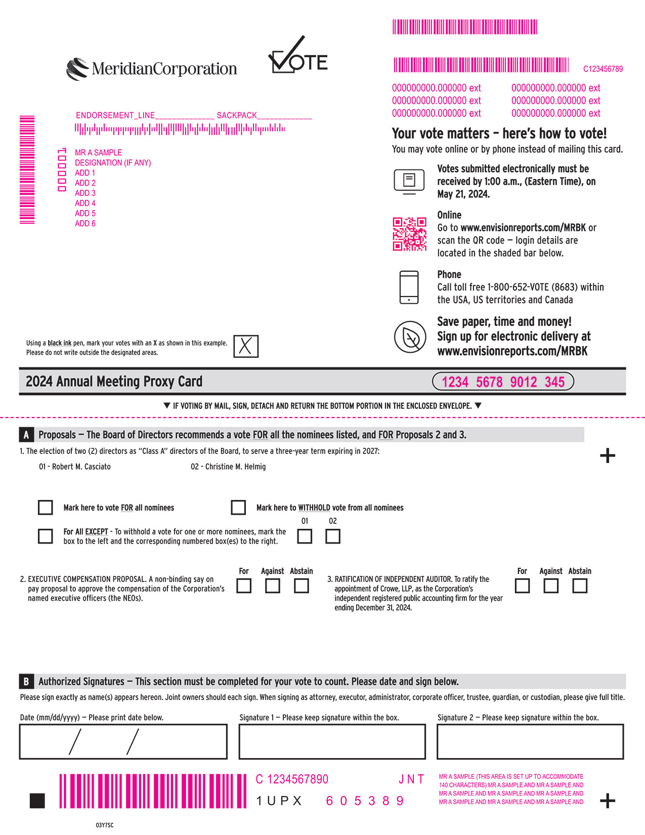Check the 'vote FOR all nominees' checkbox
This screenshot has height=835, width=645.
(x=46, y=508)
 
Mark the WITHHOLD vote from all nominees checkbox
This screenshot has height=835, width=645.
(x=238, y=508)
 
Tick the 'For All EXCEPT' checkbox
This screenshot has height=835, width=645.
(x=46, y=536)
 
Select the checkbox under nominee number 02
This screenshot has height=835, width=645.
(x=333, y=536)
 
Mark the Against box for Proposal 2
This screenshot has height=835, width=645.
(x=273, y=586)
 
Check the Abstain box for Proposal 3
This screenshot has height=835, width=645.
(x=580, y=586)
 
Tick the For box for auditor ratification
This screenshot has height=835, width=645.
(x=522, y=586)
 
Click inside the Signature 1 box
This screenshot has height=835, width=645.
(x=332, y=742)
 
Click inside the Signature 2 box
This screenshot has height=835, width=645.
(x=530, y=742)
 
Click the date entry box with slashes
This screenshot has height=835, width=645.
(x=123, y=742)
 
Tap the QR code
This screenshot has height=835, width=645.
(x=410, y=234)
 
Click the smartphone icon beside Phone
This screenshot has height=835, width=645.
(x=409, y=287)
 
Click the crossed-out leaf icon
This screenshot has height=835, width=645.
(x=410, y=337)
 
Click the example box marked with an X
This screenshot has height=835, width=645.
(x=246, y=347)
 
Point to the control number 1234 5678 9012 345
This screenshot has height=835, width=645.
(x=503, y=382)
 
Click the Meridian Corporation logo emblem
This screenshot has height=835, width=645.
(x=77, y=69)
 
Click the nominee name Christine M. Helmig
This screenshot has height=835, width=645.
(x=228, y=467)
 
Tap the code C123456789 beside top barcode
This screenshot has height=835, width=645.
(x=603, y=69)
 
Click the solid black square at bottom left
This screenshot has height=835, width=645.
(x=37, y=801)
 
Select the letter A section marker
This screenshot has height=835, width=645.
(x=26, y=435)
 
